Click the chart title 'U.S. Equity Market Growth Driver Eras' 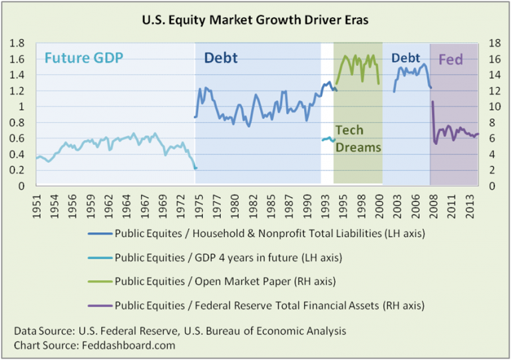255,20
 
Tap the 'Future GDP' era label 85,59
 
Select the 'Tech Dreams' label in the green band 358,138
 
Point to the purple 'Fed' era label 450,60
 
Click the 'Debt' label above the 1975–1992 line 221,59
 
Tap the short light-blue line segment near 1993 327,139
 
